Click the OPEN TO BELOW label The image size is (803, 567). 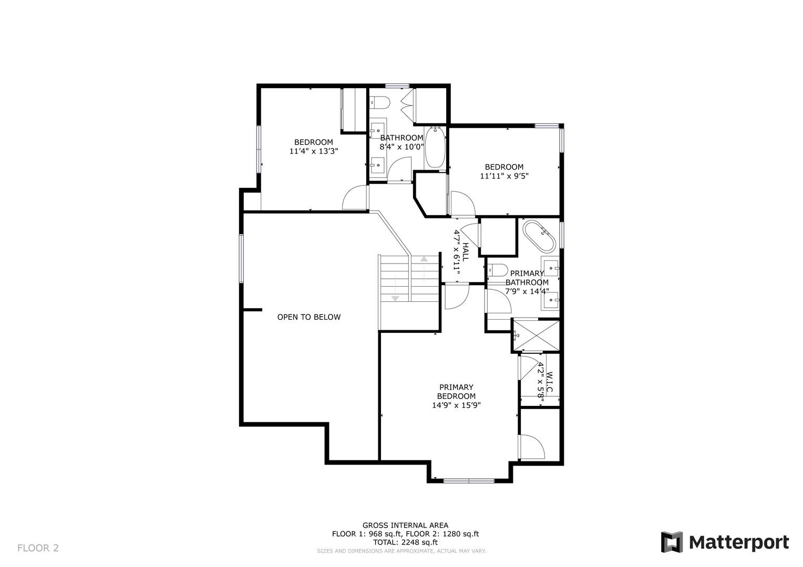tap(308, 317)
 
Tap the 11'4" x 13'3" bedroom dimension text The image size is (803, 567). tap(314, 151)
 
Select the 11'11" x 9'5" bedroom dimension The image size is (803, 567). tap(504, 176)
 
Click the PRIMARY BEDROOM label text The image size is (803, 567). tap(456, 392)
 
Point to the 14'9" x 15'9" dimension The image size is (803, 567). tap(456, 405)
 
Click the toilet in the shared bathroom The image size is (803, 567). tap(380, 103)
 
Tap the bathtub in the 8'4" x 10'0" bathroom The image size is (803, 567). tap(435, 147)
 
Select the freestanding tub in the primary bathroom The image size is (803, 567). tap(539, 236)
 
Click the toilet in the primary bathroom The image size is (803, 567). tap(498, 270)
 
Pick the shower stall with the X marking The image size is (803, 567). tap(536, 335)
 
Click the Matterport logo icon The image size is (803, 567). tap(672, 542)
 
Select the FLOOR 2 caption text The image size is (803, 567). tap(38, 548)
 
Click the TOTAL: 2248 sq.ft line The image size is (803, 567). tap(405, 542)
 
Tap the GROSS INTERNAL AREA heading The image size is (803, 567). tap(405, 526)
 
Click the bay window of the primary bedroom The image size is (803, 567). tap(469, 481)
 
